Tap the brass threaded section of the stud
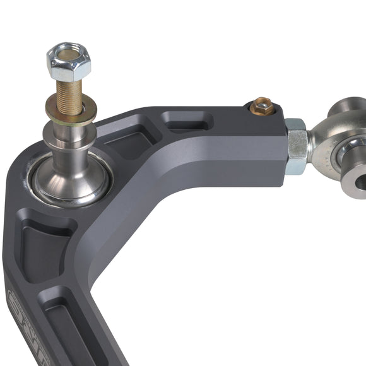coord(69,95)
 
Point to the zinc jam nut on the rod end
coord(296,146)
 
